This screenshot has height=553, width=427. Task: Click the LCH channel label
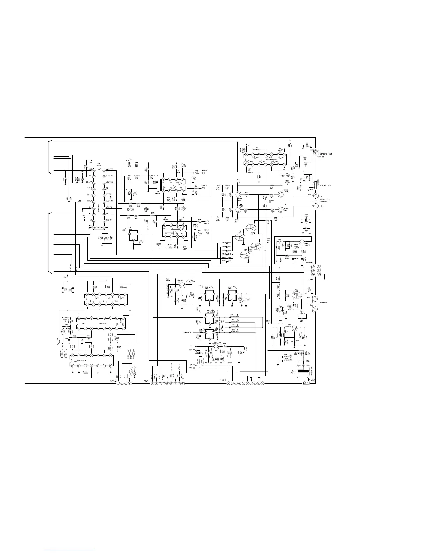(128, 159)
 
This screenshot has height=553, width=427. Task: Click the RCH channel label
(130, 210)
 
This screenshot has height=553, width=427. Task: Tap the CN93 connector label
(223, 380)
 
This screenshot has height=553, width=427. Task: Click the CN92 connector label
(312, 380)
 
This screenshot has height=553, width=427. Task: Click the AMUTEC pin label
(110, 169)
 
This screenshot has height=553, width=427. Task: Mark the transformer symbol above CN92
(302, 372)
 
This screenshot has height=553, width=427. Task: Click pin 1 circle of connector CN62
(118, 383)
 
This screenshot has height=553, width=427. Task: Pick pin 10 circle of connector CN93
(263, 383)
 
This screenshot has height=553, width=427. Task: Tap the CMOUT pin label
(109, 220)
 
